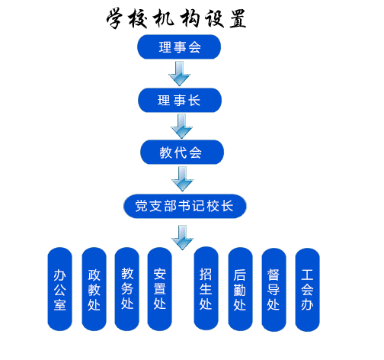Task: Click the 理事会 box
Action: (179, 47)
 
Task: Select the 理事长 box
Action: (180, 100)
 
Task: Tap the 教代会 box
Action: (181, 152)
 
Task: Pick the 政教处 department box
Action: (94, 290)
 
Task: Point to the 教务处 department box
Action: (127, 289)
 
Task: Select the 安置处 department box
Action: (160, 289)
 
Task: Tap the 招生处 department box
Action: (205, 290)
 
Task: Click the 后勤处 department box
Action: (239, 290)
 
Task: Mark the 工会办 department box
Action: (307, 290)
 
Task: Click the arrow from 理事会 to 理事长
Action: (180, 73)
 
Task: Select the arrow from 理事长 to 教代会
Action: (181, 126)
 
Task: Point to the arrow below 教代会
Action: (182, 178)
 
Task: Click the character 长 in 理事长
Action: (195, 100)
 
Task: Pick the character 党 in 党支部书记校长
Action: (140, 206)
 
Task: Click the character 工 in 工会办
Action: (307, 275)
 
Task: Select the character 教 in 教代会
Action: (166, 152)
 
